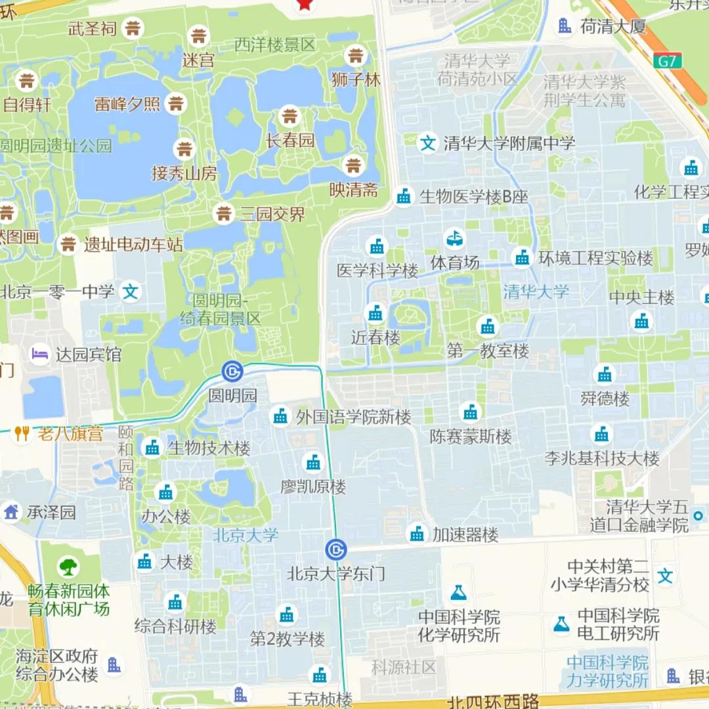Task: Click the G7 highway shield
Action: click(667, 61)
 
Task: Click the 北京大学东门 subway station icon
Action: click(335, 549)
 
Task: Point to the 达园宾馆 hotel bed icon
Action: click(39, 354)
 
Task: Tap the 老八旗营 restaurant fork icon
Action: click(22, 433)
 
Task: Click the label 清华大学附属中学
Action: click(509, 143)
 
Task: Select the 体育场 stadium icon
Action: click(454, 238)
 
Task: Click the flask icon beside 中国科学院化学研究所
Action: click(458, 593)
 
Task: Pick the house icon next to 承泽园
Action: click(11, 511)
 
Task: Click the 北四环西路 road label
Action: click(492, 702)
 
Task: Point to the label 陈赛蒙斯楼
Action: click(471, 437)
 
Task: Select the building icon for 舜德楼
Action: click(605, 375)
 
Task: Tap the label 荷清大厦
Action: click(613, 26)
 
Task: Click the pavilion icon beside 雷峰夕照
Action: click(175, 103)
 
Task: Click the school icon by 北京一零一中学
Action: click(131, 291)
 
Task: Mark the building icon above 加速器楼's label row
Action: click(417, 534)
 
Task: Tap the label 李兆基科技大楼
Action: click(601, 458)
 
